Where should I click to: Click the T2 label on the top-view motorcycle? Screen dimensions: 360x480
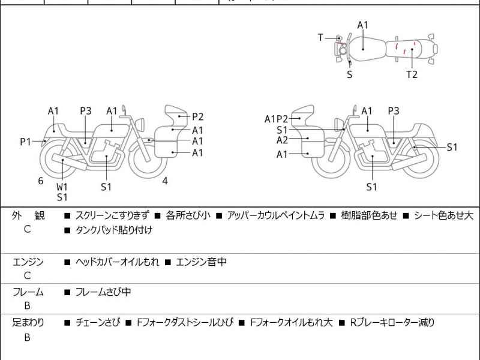[412, 74]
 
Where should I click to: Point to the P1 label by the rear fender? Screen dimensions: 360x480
[25, 142]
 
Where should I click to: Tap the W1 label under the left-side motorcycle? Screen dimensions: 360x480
[62, 187]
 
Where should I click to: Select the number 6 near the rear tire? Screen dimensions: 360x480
[41, 181]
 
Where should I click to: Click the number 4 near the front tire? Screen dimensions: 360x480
[164, 181]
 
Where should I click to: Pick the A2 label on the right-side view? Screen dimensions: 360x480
[282, 140]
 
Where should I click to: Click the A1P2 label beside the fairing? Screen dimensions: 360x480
[277, 119]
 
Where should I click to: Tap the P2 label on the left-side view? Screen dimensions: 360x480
[197, 117]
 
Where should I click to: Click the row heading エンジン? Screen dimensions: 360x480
[28, 262]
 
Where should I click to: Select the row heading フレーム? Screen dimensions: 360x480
[28, 292]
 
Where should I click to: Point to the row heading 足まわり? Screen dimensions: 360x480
[28, 323]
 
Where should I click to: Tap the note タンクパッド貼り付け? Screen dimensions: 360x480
[113, 230]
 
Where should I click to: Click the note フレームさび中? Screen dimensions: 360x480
[103, 292]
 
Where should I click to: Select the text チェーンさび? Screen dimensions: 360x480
[98, 323]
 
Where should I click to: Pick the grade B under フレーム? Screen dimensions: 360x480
[28, 307]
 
